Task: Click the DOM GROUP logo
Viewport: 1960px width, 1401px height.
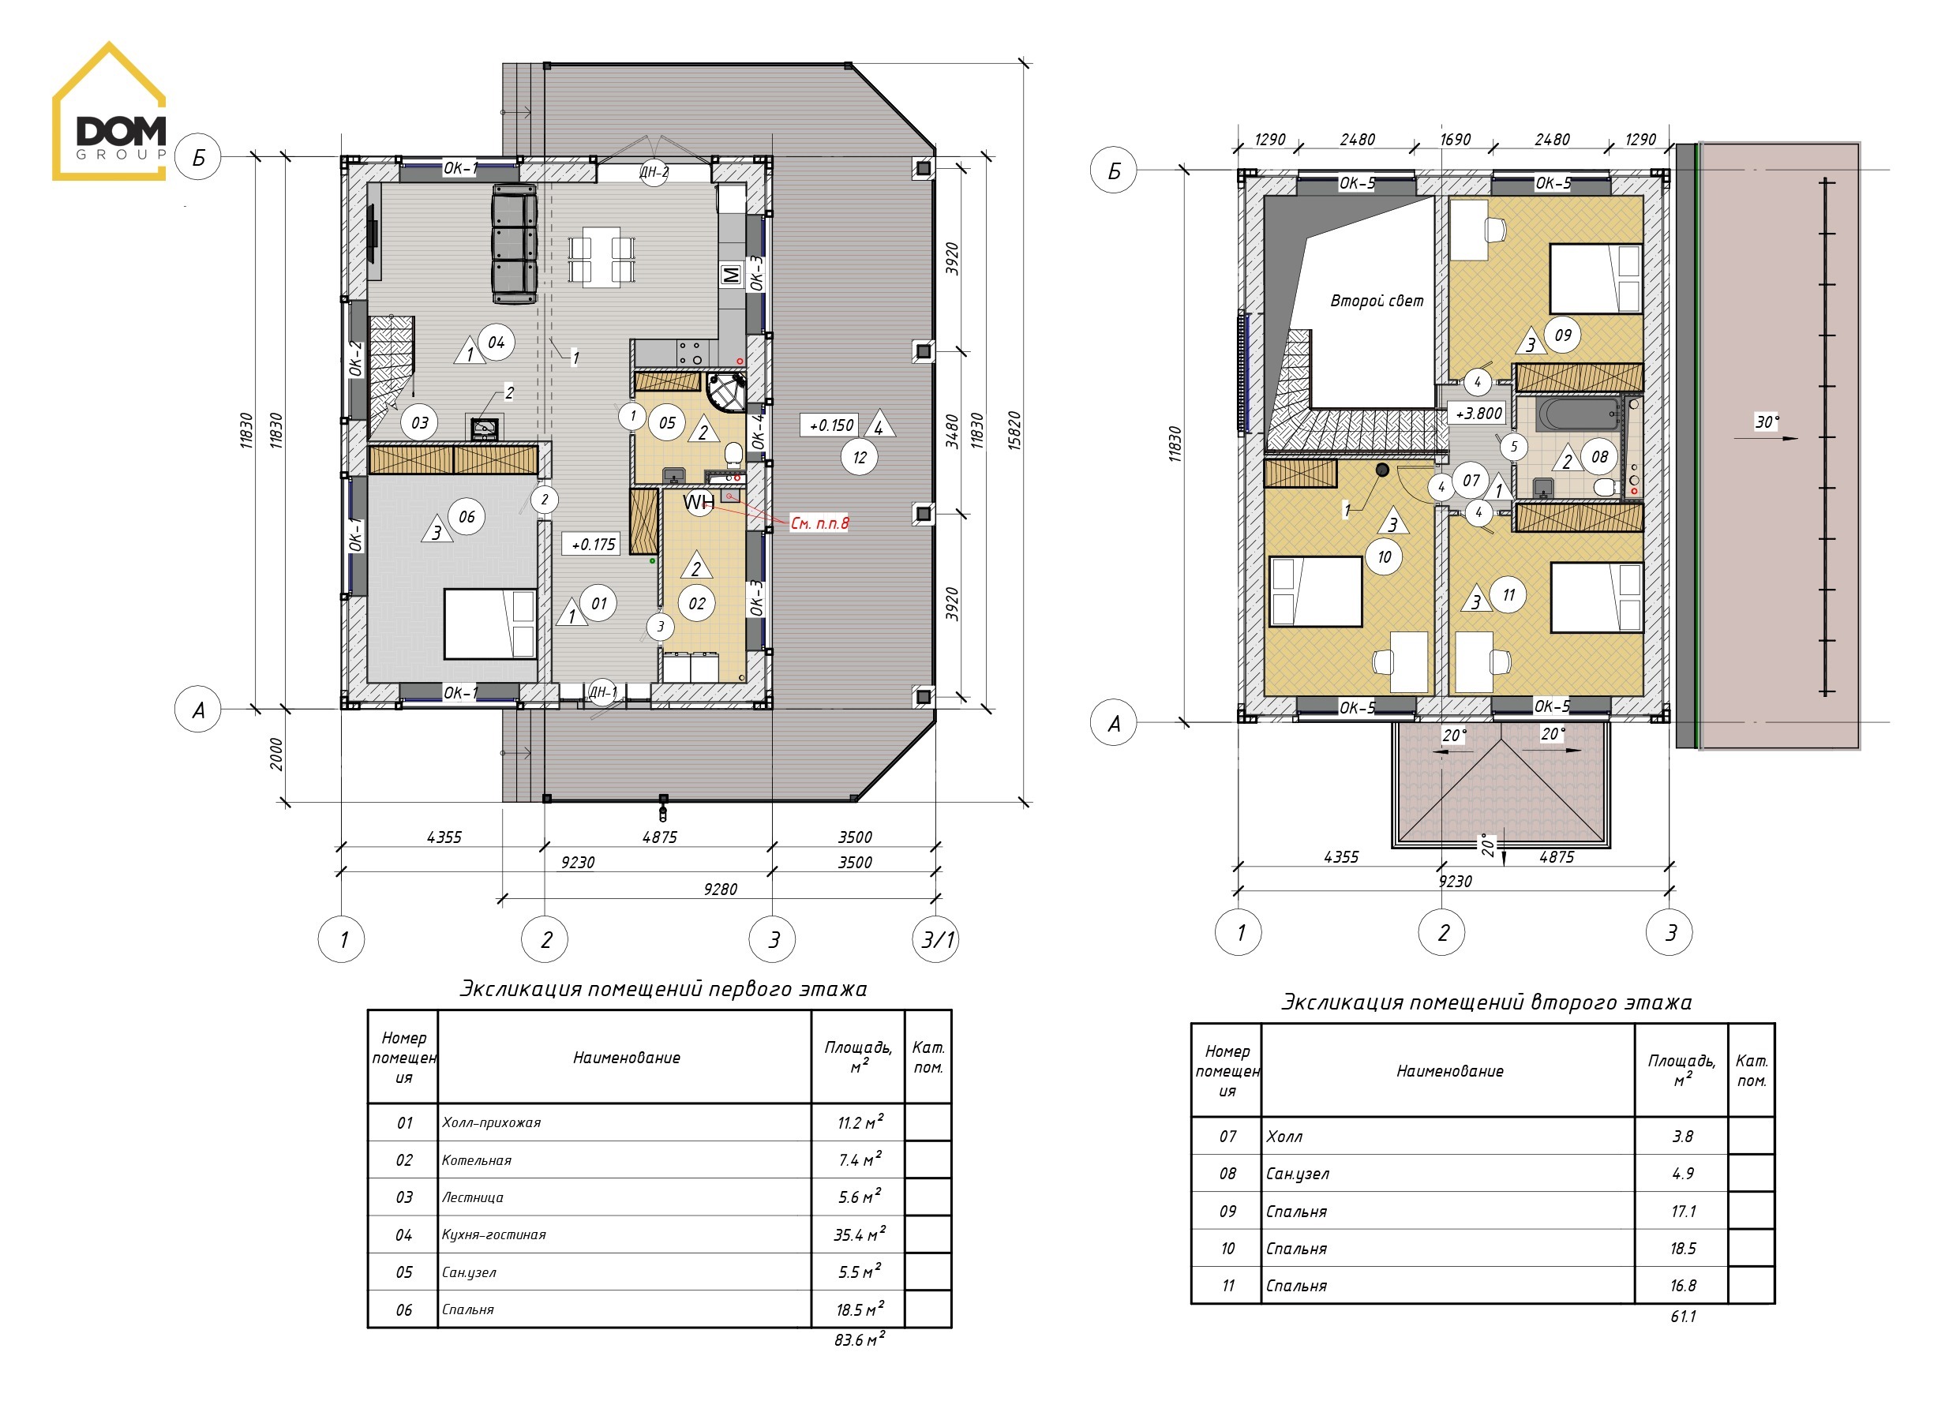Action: click(110, 111)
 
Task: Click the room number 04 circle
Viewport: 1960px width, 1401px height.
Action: click(496, 343)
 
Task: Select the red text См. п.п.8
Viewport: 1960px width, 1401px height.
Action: click(819, 523)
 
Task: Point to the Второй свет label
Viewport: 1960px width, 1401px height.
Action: click(1377, 300)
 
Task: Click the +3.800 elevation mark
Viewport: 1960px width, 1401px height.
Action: click(1478, 414)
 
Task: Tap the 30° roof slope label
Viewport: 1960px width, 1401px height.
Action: click(1767, 421)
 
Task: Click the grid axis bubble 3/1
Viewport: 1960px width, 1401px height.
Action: click(935, 938)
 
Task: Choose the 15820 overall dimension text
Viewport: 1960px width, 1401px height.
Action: click(1015, 430)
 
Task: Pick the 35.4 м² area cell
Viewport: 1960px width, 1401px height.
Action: click(859, 1234)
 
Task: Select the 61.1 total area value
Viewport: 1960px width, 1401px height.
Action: click(1683, 1316)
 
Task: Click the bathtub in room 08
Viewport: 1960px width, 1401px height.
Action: click(1579, 415)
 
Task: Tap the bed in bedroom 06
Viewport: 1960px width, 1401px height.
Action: click(491, 624)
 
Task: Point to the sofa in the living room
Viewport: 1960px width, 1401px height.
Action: click(514, 244)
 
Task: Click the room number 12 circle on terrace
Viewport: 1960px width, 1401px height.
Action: click(859, 457)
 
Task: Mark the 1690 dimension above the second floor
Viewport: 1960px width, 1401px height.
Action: click(1456, 140)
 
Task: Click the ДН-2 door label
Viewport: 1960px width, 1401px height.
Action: click(654, 172)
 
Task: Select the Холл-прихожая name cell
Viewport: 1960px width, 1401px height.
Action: click(492, 1122)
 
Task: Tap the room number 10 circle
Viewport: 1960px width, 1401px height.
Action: click(1385, 557)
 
